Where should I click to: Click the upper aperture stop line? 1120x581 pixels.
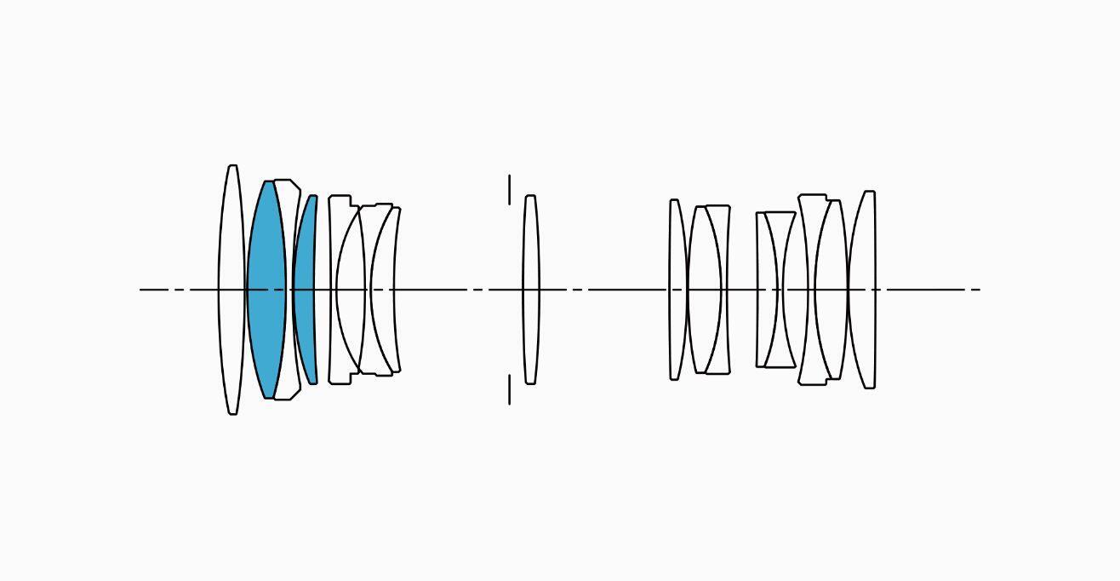point(510,189)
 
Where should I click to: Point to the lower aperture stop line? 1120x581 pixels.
point(510,389)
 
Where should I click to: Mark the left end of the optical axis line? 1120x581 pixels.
point(141,290)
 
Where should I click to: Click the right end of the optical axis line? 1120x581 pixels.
point(980,290)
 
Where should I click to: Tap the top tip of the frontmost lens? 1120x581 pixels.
point(233,166)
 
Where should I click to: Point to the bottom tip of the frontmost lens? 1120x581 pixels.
point(233,414)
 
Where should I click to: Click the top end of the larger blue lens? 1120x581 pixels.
point(268,181)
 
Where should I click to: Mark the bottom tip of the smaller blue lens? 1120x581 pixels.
point(312,383)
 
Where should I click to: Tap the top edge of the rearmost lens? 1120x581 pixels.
point(870,192)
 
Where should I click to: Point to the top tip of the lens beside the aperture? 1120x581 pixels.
point(530,196)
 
